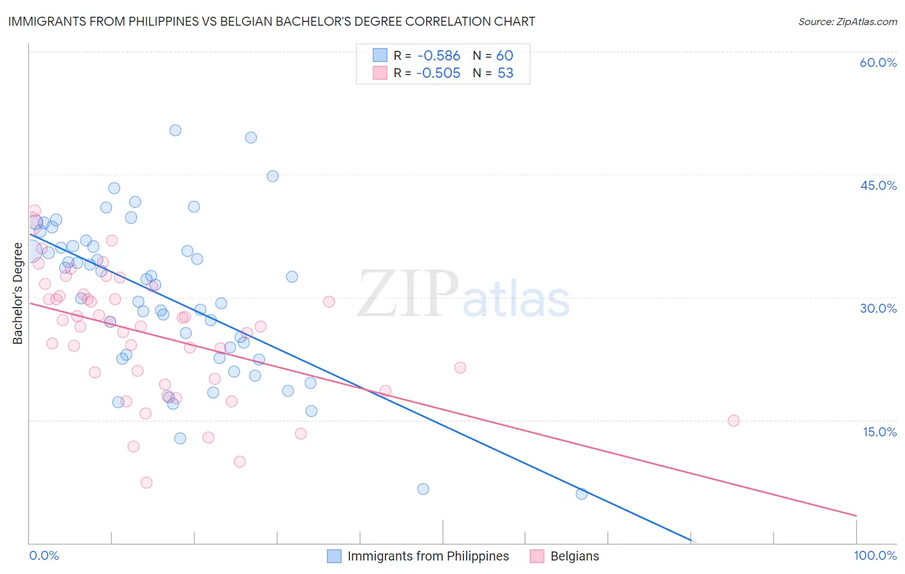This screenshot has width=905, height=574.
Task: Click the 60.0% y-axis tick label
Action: tap(878, 62)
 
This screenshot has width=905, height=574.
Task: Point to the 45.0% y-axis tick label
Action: tap(878, 185)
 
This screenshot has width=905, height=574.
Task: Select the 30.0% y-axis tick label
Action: tap(878, 308)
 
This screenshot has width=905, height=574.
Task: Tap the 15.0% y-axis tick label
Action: tap(879, 432)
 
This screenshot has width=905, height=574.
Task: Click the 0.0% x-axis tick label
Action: tap(44, 555)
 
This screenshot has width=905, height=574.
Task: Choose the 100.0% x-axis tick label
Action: tap(875, 555)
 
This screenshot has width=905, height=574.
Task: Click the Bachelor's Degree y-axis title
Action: tap(17, 293)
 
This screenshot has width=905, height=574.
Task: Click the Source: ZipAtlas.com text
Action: tap(847, 22)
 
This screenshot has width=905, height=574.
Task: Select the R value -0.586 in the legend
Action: tap(438, 56)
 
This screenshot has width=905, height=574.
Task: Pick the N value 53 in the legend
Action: tap(505, 73)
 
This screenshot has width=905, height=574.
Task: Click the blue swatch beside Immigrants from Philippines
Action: tap(334, 556)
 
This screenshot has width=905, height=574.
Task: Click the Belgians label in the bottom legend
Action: tap(574, 556)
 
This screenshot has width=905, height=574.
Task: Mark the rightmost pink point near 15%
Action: tap(733, 421)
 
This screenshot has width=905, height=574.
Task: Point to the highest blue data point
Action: tap(175, 130)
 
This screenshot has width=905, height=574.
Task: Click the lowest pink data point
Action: tap(146, 483)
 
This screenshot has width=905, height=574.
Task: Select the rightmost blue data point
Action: tap(581, 494)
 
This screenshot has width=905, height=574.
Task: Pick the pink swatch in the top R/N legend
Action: tap(380, 73)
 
